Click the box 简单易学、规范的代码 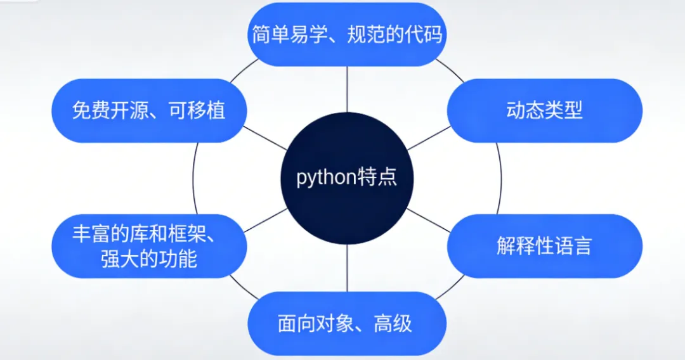coord(347,34)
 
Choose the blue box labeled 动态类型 coord(544,110)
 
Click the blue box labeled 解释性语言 coord(544,246)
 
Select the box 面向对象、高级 coord(347,323)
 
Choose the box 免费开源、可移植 coord(148,110)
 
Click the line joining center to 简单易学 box coord(347,89)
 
